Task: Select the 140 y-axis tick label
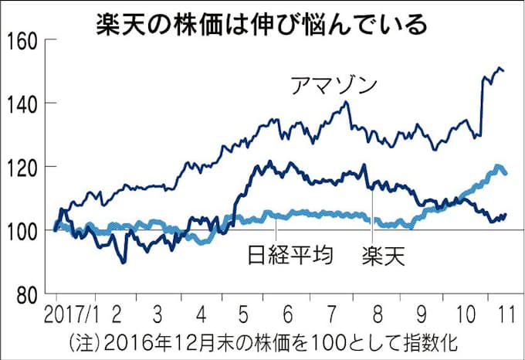pyautogui.click(x=25, y=104)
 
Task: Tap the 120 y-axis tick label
pyautogui.click(x=25, y=167)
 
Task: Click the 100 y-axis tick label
pyautogui.click(x=25, y=230)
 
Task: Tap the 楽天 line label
pyautogui.click(x=384, y=256)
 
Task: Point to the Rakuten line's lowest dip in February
pyautogui.click(x=123, y=262)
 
